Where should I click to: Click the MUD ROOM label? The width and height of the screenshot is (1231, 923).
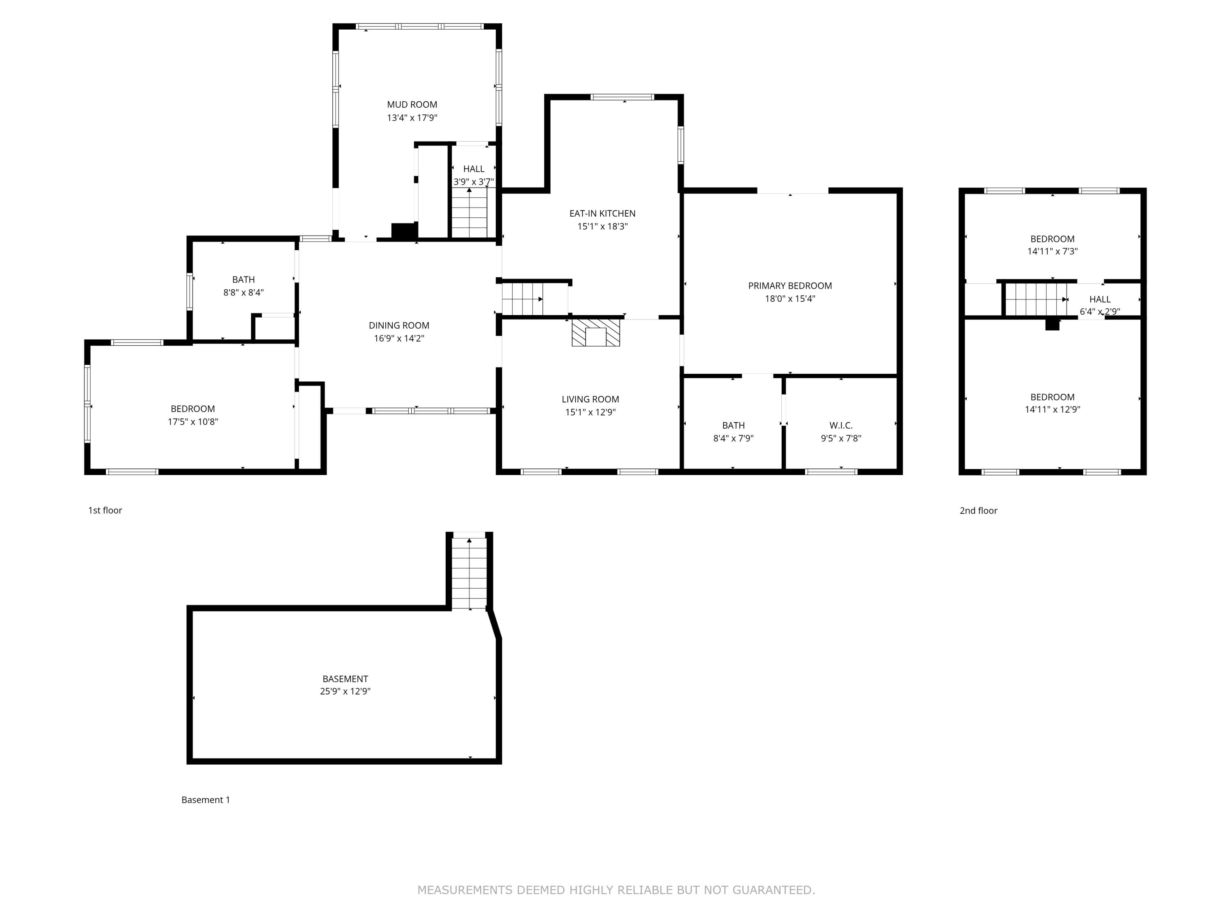click(412, 105)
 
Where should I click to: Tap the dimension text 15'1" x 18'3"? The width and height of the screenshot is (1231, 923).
click(602, 226)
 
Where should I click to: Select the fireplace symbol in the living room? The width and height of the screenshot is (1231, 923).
click(595, 333)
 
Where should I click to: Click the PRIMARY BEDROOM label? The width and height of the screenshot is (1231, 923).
click(790, 286)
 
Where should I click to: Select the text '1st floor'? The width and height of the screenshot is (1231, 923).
click(105, 510)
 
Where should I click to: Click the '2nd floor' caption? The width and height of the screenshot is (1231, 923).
click(978, 510)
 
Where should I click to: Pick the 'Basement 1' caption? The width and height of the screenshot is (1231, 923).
click(205, 800)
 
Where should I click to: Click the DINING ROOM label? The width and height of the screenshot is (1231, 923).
click(399, 325)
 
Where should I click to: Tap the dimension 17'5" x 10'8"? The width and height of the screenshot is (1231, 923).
click(192, 422)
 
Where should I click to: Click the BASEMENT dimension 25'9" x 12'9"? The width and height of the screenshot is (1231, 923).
click(345, 692)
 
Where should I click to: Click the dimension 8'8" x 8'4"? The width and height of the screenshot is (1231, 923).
click(243, 292)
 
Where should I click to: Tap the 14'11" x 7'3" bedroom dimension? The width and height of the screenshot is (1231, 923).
click(1052, 251)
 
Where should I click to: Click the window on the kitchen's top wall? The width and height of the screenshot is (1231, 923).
click(622, 97)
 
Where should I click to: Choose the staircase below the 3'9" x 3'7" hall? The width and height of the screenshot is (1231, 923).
click(469, 213)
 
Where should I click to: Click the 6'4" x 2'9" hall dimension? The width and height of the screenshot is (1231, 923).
click(1100, 311)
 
